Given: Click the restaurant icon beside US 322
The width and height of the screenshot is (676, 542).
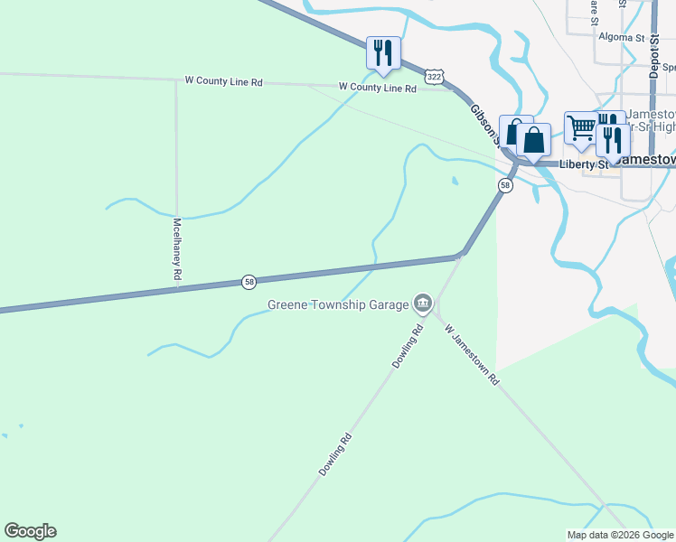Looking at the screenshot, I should pyautogui.click(x=383, y=52).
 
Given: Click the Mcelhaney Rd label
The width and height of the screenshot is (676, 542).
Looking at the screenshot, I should pyautogui.click(x=178, y=248).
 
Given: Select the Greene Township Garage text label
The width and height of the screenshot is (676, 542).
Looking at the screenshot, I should pyautogui.click(x=338, y=304).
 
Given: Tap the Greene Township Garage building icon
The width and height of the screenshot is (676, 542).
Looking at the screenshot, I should pyautogui.click(x=422, y=304).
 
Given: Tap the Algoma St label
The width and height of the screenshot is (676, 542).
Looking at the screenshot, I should pyautogui.click(x=620, y=38).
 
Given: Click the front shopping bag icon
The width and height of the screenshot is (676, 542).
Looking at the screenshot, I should pyautogui.click(x=534, y=140).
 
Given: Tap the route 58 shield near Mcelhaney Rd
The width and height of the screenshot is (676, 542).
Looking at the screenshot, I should pyautogui.click(x=249, y=282).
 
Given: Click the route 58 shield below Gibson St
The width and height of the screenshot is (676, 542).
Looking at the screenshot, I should pyautogui.click(x=504, y=185).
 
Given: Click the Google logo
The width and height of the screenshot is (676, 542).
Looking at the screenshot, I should pyautogui.click(x=31, y=530).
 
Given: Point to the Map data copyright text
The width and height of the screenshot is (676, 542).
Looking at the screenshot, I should pyautogui.click(x=620, y=535).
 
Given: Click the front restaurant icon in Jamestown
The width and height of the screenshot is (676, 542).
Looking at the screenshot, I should pyautogui.click(x=613, y=140).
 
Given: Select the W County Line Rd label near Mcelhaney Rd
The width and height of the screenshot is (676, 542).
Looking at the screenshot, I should pyautogui.click(x=224, y=81).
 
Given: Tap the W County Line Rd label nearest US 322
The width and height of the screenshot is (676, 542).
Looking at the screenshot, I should pyautogui.click(x=377, y=88).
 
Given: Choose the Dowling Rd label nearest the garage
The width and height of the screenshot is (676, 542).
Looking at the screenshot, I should pyautogui.click(x=408, y=346).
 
